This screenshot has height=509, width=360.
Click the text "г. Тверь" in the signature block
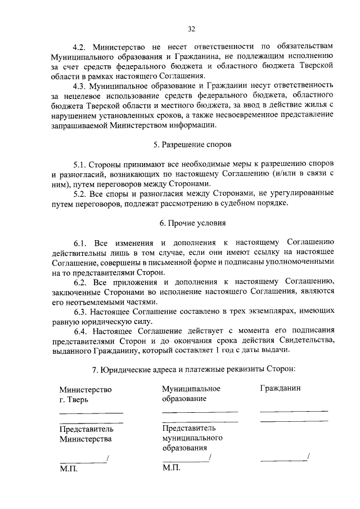74,400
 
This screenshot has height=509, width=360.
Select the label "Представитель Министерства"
85,434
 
